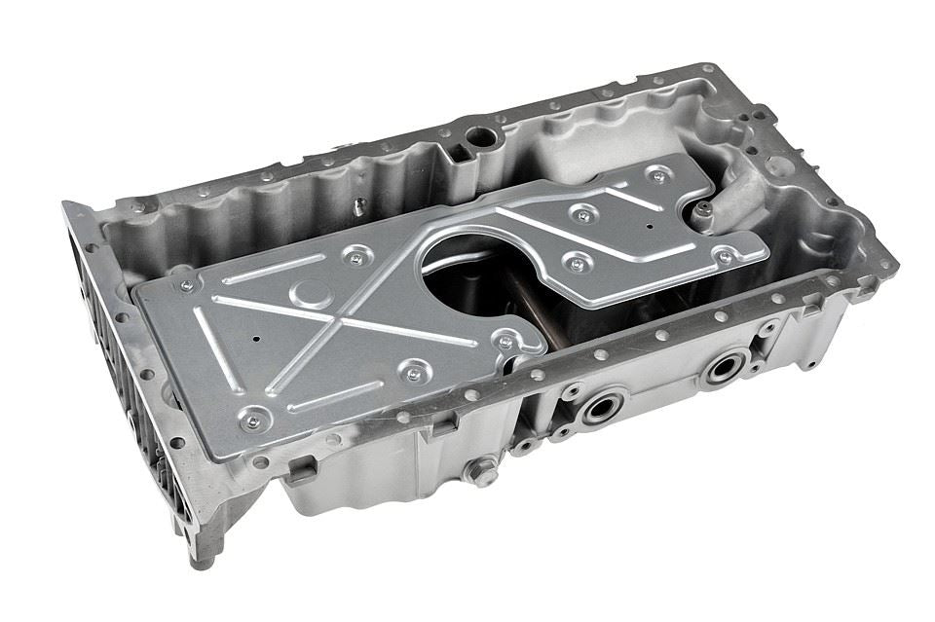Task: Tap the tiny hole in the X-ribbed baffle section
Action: point(256,340)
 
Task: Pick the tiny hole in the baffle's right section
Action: point(650,225)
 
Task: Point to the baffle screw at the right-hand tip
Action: point(724,257)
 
